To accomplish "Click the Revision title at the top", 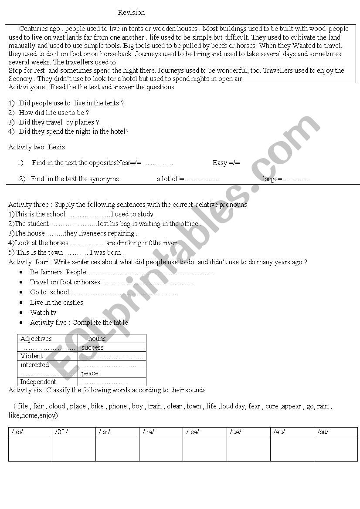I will pos(131,13).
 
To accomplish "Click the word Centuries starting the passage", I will pos(34,29).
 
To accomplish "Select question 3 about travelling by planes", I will pos(59,122).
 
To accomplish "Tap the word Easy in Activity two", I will pos(220,163).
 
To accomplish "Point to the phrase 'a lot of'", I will pos(167,179).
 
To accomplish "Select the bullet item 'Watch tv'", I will pos(43,313).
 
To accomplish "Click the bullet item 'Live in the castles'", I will pos(56,303).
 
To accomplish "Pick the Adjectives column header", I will pos(36,339).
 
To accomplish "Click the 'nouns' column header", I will pos(97,339).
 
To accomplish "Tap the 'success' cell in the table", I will pos(92,347).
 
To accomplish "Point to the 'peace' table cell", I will pos(90,373).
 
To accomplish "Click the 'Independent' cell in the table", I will pos(38,382).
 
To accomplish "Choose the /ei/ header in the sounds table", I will pos(18,432).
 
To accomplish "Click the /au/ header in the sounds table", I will pos(323,432).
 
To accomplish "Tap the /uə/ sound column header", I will pos(235,432).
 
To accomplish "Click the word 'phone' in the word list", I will pos(118,406).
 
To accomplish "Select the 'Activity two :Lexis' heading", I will pos(37,147).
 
